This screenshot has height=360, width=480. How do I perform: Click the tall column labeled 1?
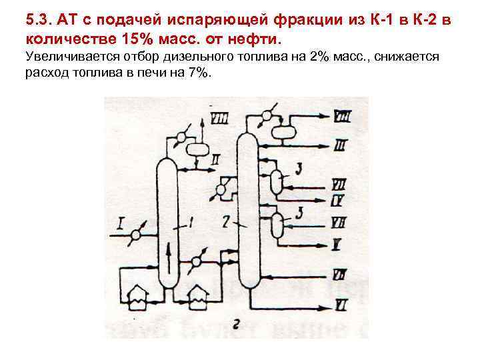coord(167,220)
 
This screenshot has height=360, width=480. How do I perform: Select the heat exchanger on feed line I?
coord(137,235)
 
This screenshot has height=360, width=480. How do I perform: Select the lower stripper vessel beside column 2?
coord(276,226)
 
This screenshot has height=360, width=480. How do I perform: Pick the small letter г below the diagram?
coord(237,324)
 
